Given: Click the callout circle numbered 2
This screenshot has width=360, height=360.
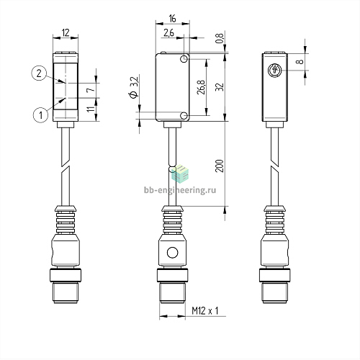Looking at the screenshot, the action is [x=39, y=73].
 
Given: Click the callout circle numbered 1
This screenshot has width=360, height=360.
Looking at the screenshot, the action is [x=41, y=115].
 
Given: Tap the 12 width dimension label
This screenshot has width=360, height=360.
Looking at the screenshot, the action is [x=66, y=32].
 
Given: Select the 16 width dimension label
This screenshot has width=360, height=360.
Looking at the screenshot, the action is [x=173, y=19].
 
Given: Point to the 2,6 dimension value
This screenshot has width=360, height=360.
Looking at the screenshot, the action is [x=169, y=33].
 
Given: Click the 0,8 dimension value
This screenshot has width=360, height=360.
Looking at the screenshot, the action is [x=220, y=38].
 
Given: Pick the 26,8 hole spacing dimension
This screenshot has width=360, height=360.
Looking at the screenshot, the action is [x=202, y=87].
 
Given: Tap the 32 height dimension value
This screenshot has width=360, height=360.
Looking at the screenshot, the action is [x=220, y=87].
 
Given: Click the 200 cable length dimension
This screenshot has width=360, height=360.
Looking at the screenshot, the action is [x=220, y=166].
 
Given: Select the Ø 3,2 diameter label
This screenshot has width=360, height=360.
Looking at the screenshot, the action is [x=134, y=87].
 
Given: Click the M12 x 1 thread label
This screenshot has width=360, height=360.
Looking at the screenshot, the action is [x=205, y=311].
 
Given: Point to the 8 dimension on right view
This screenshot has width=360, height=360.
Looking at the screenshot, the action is [x=300, y=62].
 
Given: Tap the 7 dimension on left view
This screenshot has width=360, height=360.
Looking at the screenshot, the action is [x=91, y=90].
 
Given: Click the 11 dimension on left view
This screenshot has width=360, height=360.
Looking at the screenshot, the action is [x=91, y=109].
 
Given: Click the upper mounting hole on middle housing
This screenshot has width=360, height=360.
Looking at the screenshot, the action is [x=184, y=59].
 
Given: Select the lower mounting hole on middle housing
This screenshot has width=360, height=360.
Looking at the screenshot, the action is [x=184, y=116].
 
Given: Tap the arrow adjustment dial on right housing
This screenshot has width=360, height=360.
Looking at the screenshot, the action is [x=274, y=71].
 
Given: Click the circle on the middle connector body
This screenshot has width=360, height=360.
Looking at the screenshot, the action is [x=172, y=253].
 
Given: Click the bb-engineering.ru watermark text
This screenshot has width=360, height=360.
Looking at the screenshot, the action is [x=180, y=190].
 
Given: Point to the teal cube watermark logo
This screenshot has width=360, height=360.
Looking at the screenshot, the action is [x=180, y=174].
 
